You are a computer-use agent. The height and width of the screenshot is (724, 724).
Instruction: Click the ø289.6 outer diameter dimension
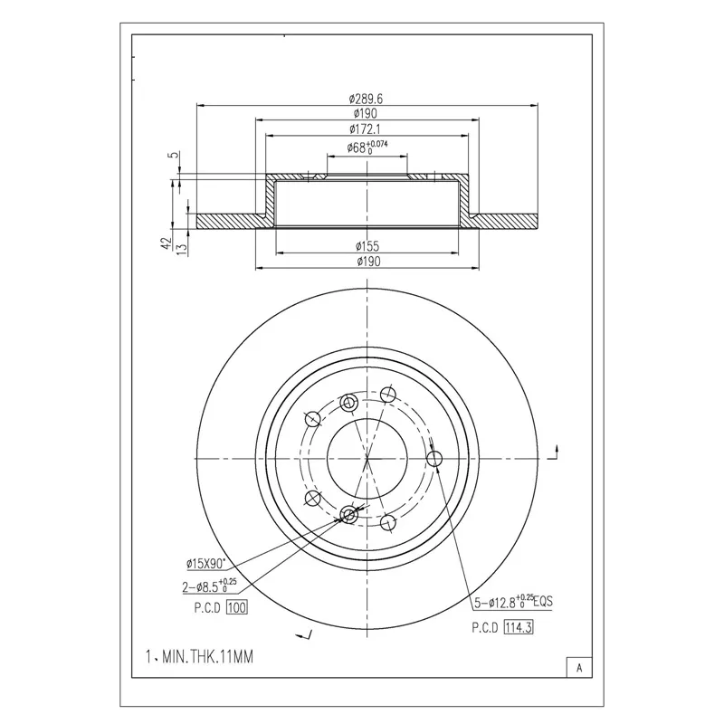pyautogui.click(x=366, y=99)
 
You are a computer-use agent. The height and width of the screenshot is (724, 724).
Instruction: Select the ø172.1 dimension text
pyautogui.click(x=366, y=129)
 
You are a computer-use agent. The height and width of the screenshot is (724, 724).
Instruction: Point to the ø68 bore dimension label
pyautogui.click(x=367, y=148)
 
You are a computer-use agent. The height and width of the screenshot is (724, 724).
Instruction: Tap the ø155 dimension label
pyautogui.click(x=367, y=246)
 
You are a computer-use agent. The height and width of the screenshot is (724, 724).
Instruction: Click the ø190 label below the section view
pyautogui.click(x=368, y=262)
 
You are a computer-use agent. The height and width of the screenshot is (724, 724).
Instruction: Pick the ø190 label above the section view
pyautogui.click(x=366, y=114)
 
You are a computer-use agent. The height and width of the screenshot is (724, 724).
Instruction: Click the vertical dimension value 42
pyautogui.click(x=167, y=243)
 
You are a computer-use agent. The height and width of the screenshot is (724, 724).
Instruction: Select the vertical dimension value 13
pyautogui.click(x=183, y=250)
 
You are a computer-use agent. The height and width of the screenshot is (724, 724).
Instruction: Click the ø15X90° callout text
pyautogui.click(x=206, y=563)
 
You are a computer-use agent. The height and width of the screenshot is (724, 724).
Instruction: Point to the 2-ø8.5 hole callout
pyautogui.click(x=209, y=586)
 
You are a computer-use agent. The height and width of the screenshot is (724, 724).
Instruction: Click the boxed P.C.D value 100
pyautogui.click(x=237, y=607)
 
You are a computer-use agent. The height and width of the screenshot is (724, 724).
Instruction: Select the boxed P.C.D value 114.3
pyautogui.click(x=519, y=627)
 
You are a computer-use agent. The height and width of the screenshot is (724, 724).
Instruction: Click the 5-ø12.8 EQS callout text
pyautogui.click(x=513, y=602)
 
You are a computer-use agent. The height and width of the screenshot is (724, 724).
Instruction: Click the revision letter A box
pyautogui.click(x=579, y=668)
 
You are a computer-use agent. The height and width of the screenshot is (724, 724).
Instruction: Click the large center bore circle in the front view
pyautogui.click(x=327, y=459)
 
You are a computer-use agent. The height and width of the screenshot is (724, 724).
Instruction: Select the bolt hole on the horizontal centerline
pyautogui.click(x=434, y=459)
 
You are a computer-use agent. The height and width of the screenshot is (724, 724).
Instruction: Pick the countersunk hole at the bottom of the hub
pyautogui.click(x=349, y=514)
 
